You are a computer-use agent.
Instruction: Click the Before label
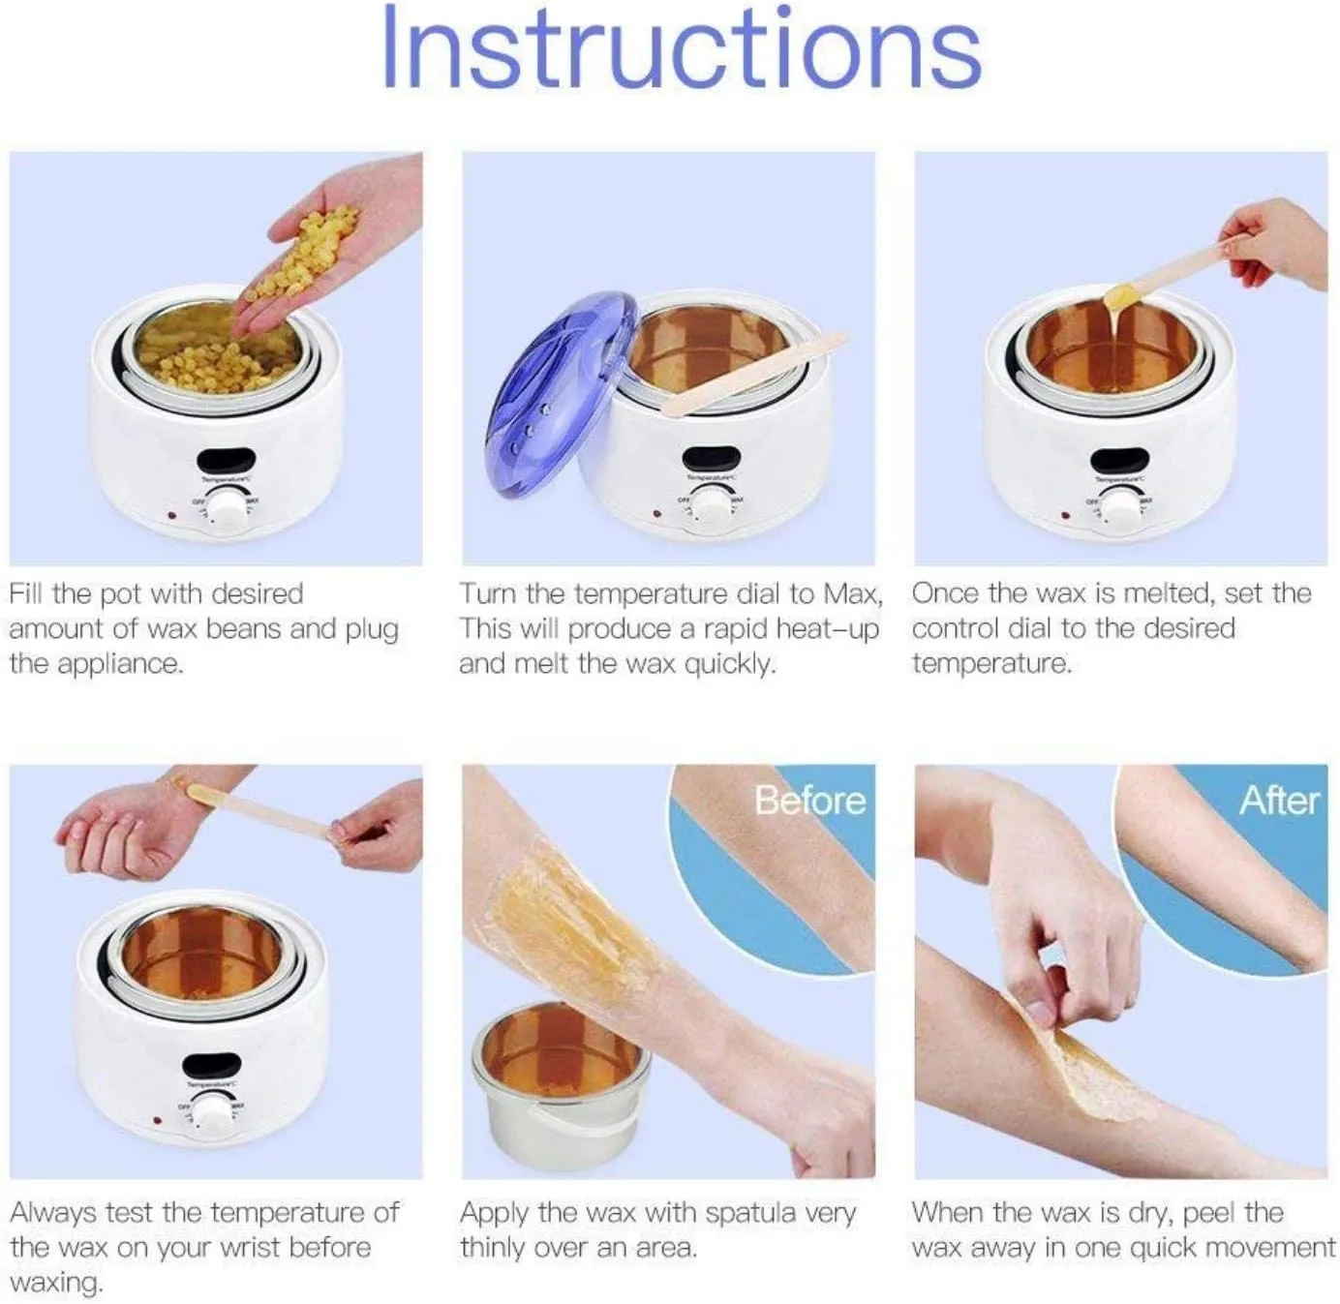point(809,800)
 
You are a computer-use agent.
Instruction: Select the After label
point(1279,800)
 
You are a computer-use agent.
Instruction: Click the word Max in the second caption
point(853,593)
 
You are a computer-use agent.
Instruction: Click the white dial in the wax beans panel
point(228,510)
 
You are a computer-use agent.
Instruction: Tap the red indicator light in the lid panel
point(655,514)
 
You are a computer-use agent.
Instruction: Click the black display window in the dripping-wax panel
point(1120,459)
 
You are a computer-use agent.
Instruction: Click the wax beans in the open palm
point(303,255)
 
